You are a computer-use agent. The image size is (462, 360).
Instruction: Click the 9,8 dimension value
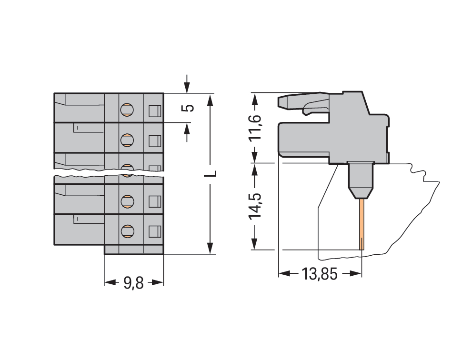click(133, 283)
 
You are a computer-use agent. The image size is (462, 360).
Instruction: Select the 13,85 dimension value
click(320, 274)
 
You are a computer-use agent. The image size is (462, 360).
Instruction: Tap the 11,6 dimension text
click(255, 127)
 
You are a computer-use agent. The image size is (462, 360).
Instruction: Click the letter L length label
click(211, 173)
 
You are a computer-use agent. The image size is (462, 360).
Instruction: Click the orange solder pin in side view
click(362, 224)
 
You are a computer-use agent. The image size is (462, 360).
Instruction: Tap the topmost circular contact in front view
click(127, 110)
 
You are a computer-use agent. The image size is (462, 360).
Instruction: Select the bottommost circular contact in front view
click(127, 231)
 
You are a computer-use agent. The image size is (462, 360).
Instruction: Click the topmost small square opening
click(155, 111)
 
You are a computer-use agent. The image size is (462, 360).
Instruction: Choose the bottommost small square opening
click(155, 231)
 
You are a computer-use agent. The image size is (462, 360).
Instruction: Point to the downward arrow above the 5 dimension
click(187, 84)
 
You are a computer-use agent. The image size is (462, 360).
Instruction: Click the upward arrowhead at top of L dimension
click(210, 100)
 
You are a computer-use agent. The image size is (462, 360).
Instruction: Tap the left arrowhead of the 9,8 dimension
click(110, 282)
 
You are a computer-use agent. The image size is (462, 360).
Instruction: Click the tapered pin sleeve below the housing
click(361, 180)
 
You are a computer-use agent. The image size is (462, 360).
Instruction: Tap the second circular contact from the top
click(127, 140)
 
